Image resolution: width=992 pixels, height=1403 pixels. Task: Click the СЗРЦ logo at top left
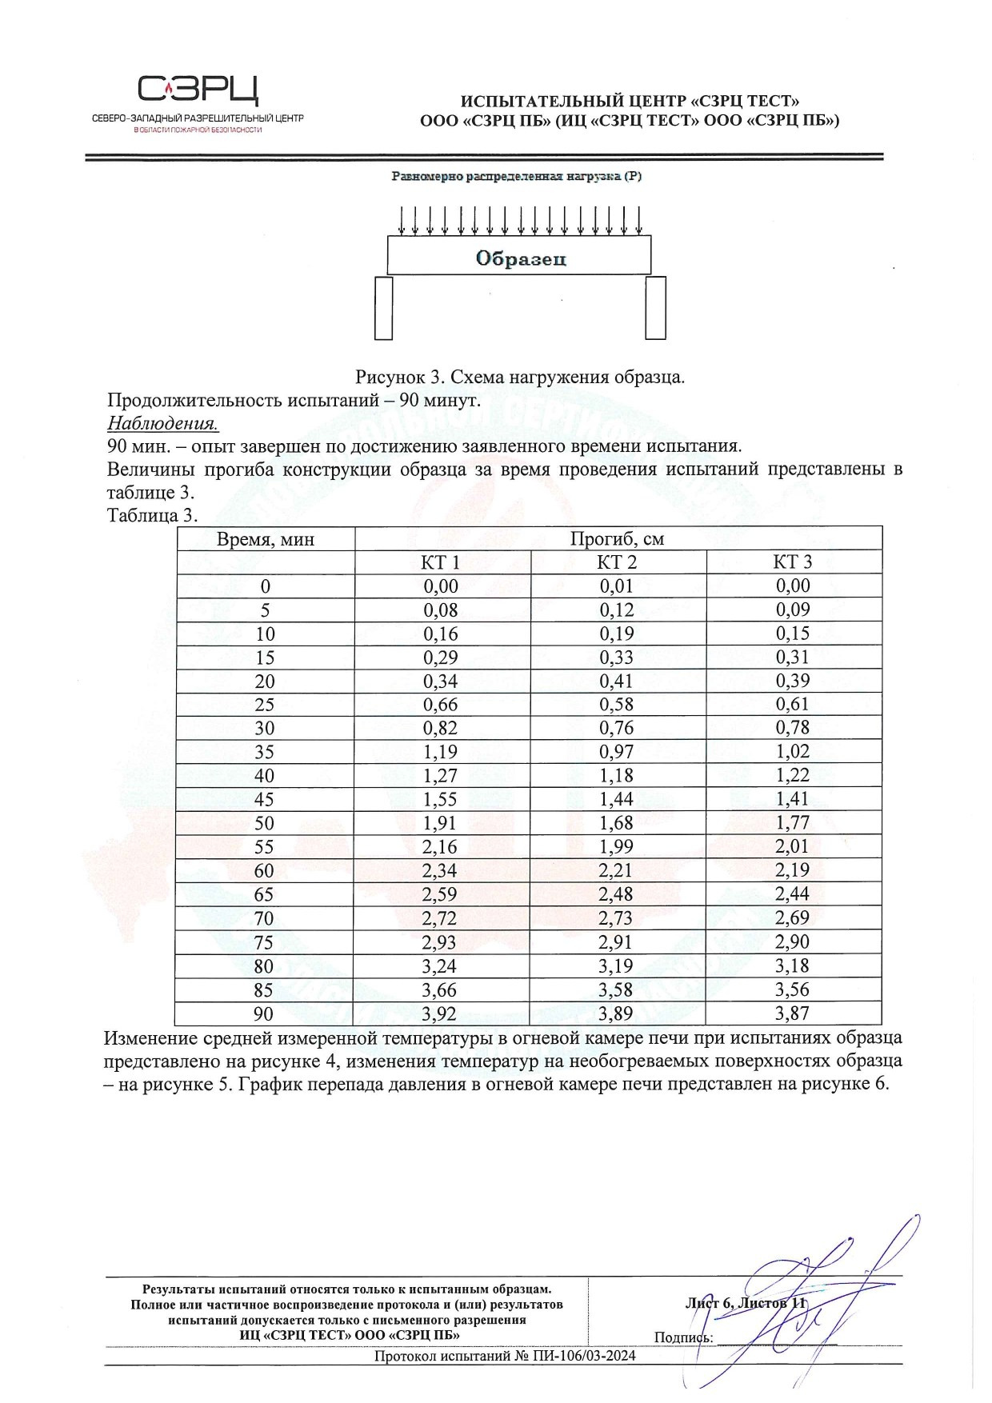click(x=198, y=90)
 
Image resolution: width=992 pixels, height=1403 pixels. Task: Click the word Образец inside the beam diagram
click(x=520, y=258)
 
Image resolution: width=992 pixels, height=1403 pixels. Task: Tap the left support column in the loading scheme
click(x=383, y=307)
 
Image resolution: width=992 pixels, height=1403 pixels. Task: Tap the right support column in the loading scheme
click(x=656, y=307)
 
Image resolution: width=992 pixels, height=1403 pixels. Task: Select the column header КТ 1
click(x=441, y=562)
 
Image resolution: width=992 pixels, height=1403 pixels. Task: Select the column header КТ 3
click(x=792, y=562)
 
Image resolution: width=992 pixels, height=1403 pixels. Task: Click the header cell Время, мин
click(x=265, y=539)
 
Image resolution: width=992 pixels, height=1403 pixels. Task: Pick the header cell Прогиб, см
click(x=617, y=538)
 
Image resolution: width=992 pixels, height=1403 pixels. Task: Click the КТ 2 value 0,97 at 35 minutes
click(x=617, y=752)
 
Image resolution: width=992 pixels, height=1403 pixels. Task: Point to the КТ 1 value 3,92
click(x=441, y=1014)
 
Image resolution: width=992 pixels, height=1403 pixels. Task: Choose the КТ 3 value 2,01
click(x=792, y=846)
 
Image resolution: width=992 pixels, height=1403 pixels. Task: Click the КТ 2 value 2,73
click(x=617, y=918)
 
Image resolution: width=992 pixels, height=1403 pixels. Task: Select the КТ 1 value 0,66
click(x=441, y=704)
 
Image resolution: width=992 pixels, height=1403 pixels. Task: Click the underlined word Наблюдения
click(x=162, y=423)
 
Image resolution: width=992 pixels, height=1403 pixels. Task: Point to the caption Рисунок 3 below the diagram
click(x=520, y=377)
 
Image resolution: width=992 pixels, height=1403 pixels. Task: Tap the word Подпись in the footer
click(x=682, y=1337)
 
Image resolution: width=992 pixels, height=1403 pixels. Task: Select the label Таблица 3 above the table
click(x=152, y=515)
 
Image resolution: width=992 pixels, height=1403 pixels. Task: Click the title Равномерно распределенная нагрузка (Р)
click(x=517, y=176)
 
